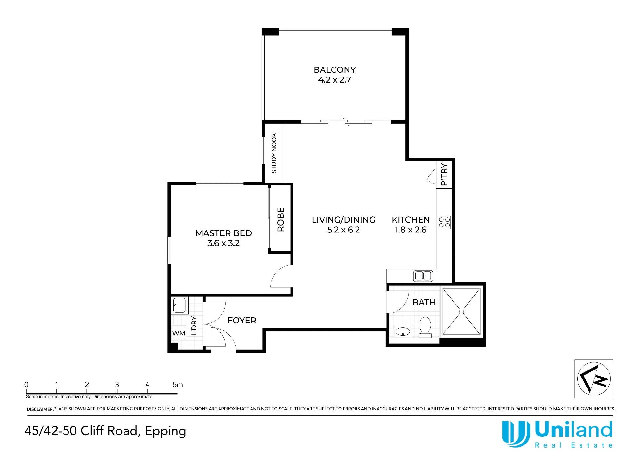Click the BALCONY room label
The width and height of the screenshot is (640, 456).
334,70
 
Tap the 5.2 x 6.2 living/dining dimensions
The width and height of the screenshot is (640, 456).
343,230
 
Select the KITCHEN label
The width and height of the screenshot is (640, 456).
411,220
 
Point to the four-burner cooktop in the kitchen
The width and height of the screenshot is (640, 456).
444,223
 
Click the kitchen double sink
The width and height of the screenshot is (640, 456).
423,276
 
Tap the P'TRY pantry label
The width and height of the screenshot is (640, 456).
444,175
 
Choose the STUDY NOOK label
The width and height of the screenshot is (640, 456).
274,153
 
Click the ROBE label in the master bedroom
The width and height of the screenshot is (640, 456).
281,220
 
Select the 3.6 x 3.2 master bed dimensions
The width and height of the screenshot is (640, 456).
223,243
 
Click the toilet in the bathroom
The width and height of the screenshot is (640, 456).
425,327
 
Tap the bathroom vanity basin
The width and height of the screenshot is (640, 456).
403,332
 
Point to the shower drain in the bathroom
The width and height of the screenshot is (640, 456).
461,311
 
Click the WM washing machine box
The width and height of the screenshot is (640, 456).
179,333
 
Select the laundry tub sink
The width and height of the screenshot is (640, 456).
179,305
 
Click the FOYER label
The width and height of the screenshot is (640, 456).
242,321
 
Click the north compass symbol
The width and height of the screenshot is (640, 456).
594,379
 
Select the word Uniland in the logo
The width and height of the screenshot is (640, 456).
574,430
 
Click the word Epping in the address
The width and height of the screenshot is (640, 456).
165,432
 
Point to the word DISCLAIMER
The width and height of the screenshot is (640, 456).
40,409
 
